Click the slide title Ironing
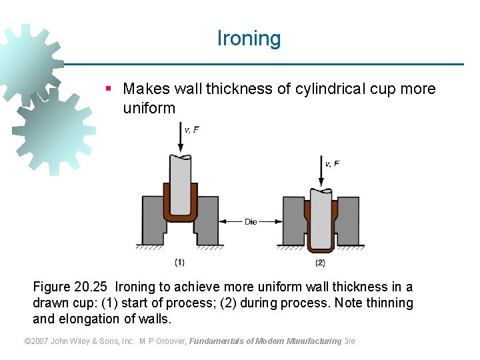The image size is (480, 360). click(x=249, y=39)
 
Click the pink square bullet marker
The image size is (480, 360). click(x=108, y=89)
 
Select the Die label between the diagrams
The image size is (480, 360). click(x=251, y=222)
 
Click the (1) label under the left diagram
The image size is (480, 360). click(x=179, y=262)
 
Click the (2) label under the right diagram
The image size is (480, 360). click(x=320, y=262)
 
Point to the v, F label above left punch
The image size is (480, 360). click(x=191, y=129)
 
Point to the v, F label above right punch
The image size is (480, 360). click(x=332, y=163)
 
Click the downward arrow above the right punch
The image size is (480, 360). click(x=321, y=173)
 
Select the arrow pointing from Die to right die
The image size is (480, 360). click(x=270, y=222)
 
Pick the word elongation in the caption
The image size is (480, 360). click(x=91, y=319)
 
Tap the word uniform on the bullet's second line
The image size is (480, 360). click(x=149, y=108)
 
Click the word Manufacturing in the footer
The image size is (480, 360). click(x=313, y=341)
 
